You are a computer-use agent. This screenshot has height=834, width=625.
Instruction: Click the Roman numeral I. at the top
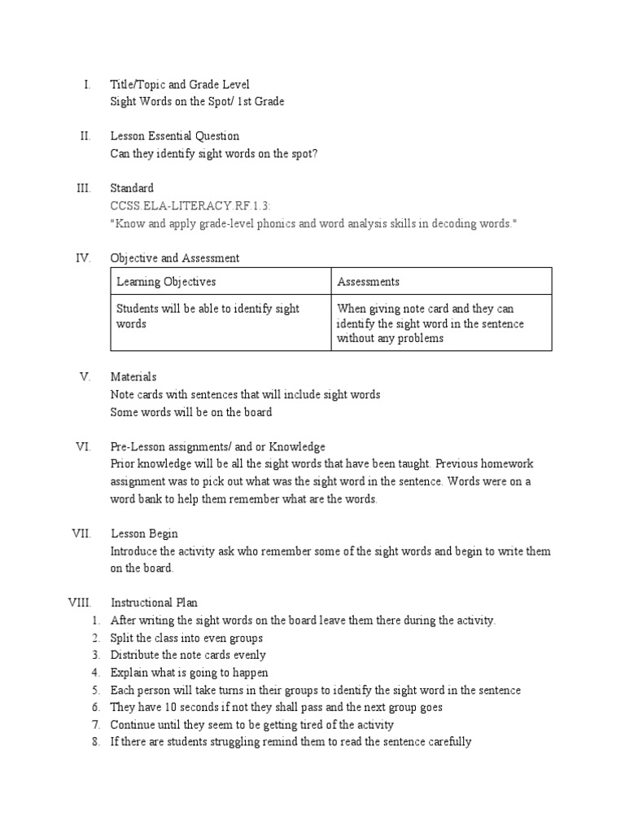(86, 85)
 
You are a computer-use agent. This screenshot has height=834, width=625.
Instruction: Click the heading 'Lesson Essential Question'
(175, 136)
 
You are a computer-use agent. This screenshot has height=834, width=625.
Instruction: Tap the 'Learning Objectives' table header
(166, 282)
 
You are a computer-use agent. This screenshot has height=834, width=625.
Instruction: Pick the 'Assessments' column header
(368, 282)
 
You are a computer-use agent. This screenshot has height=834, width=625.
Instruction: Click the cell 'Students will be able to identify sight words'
(208, 316)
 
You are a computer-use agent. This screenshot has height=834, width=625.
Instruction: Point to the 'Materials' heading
(133, 377)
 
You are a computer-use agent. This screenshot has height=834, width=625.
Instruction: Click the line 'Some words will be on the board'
(191, 412)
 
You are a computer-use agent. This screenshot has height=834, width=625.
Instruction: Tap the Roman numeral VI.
(85, 446)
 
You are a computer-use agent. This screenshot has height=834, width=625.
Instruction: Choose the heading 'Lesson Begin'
(144, 534)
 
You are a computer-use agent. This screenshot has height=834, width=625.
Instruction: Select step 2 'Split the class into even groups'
(186, 638)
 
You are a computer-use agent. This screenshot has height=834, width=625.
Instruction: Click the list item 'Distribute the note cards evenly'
(188, 655)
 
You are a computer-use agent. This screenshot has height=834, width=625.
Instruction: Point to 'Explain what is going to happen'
(190, 673)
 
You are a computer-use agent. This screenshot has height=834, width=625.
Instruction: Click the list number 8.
(95, 742)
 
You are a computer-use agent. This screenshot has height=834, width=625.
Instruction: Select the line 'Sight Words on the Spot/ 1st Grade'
(198, 102)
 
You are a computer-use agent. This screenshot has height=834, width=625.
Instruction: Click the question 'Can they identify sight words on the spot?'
(214, 153)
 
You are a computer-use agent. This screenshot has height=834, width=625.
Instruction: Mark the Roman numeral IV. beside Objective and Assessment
(83, 258)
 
